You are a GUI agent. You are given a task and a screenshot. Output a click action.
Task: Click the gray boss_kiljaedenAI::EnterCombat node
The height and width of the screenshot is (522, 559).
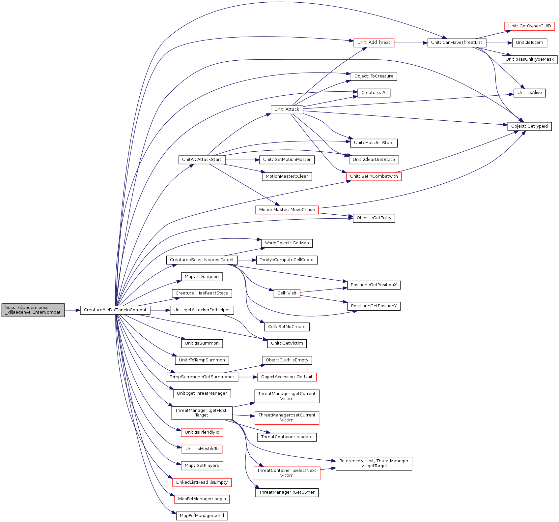coord(33,310)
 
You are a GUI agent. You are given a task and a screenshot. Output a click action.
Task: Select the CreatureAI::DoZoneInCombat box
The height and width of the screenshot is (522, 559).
coord(115,310)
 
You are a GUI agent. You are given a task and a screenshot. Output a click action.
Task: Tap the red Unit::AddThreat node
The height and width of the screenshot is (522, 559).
coord(374,43)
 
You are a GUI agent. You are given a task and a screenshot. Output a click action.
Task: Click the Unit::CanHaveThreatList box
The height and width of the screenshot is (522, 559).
coord(457,43)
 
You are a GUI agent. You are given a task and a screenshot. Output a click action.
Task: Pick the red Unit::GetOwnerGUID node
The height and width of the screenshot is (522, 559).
coord(529,26)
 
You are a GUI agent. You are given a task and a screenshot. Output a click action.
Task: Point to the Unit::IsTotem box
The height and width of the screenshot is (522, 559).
coord(529,43)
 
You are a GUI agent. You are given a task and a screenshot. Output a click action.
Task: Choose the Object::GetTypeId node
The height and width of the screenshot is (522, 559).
coord(529,126)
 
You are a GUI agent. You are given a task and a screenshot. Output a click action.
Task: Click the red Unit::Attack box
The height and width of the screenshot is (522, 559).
coord(287,109)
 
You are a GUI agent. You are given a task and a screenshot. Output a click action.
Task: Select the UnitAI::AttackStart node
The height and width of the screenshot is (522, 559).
coord(202,160)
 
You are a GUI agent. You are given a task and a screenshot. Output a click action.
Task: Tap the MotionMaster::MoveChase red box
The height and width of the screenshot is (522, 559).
coord(287,210)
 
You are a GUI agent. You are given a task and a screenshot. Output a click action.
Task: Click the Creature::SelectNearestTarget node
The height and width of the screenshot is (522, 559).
coord(202,260)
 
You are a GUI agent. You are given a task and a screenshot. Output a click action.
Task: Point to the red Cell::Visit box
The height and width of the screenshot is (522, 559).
coord(287,293)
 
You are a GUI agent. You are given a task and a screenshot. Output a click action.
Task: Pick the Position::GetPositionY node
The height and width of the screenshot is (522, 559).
coord(374,306)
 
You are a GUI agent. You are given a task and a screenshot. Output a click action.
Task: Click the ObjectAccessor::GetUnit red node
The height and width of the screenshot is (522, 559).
coord(287,377)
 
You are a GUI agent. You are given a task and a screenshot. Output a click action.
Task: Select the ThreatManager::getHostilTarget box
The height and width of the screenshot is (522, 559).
coord(202,413)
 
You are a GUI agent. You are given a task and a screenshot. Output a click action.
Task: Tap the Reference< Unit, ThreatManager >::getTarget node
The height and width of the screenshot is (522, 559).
coord(374,463)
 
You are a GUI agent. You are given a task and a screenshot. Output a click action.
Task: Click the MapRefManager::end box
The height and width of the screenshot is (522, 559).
coord(202,516)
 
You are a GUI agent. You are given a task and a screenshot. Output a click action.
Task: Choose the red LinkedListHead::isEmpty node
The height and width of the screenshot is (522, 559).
coord(202,482)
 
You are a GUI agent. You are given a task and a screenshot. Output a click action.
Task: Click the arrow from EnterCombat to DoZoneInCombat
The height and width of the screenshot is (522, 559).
coord(72,310)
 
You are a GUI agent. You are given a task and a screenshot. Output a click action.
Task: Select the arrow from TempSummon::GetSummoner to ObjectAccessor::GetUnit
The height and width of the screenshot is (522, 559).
coord(248,377)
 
